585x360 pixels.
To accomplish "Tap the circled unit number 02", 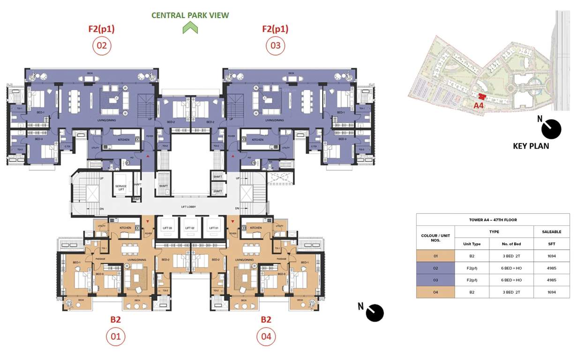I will (x=102, y=46).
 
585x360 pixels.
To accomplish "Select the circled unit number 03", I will (x=275, y=46).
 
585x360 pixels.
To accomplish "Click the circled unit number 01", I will (x=115, y=336).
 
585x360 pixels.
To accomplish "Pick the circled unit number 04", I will (x=266, y=336).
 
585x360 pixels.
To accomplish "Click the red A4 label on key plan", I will (x=478, y=105).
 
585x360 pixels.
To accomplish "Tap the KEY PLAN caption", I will (x=531, y=146).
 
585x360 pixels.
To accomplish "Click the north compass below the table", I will (x=374, y=313).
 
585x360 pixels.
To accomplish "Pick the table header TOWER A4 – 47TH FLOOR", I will (x=493, y=219).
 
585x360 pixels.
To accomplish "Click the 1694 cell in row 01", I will (x=552, y=256).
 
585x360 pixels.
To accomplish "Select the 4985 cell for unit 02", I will (x=552, y=268).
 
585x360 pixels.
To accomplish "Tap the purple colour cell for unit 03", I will (x=435, y=280).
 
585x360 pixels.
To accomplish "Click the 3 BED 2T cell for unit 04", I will (x=511, y=292).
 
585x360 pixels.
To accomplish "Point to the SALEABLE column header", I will (x=552, y=232).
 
